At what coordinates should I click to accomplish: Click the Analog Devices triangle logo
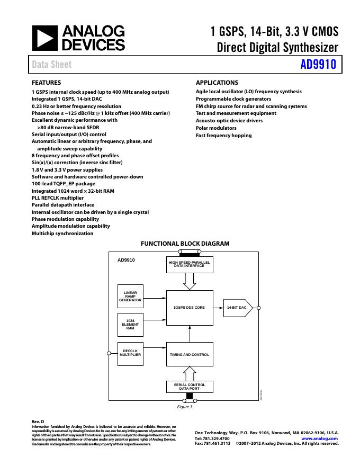click(x=43, y=38)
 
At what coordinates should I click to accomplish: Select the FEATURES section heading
click(x=47, y=83)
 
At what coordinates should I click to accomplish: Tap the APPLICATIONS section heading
click(x=217, y=83)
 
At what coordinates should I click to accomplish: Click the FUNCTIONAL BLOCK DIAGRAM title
click(x=185, y=244)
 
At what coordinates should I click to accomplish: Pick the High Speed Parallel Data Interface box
click(x=190, y=264)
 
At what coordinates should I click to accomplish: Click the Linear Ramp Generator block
click(x=130, y=297)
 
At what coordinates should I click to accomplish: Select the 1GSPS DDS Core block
click(x=189, y=307)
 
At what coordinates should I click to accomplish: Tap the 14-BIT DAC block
click(x=238, y=307)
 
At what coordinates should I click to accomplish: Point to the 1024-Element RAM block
click(x=130, y=325)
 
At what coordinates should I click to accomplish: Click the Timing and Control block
click(x=189, y=354)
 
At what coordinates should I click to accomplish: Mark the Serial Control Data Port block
click(x=189, y=387)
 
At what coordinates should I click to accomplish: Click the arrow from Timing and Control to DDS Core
click(x=190, y=333)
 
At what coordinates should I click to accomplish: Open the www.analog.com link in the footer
click(x=319, y=438)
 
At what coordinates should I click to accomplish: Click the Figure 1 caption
click(x=185, y=407)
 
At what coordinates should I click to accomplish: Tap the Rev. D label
click(x=38, y=422)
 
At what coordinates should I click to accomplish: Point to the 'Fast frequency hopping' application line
click(x=223, y=136)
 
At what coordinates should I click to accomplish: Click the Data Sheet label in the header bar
click(x=52, y=65)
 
